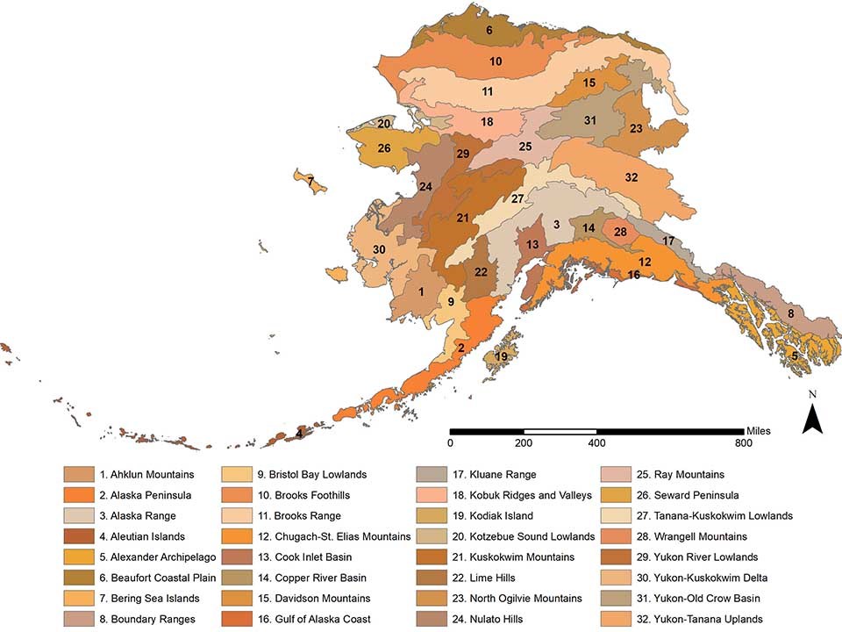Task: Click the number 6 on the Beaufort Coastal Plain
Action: pos(489,31)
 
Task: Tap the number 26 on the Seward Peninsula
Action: pos(384,149)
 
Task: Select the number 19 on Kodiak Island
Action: pos(501,357)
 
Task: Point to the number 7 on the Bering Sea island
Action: pos(310,181)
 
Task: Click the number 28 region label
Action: pos(620,233)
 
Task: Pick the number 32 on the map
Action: pos(631,177)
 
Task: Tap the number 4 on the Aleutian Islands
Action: pos(299,433)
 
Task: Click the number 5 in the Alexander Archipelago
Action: pos(795,355)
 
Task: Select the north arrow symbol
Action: pos(811,417)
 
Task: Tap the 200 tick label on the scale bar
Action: pos(524,444)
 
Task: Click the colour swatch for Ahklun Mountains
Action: pos(78,475)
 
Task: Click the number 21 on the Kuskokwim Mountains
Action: pos(462,218)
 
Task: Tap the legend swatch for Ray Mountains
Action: pos(615,475)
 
